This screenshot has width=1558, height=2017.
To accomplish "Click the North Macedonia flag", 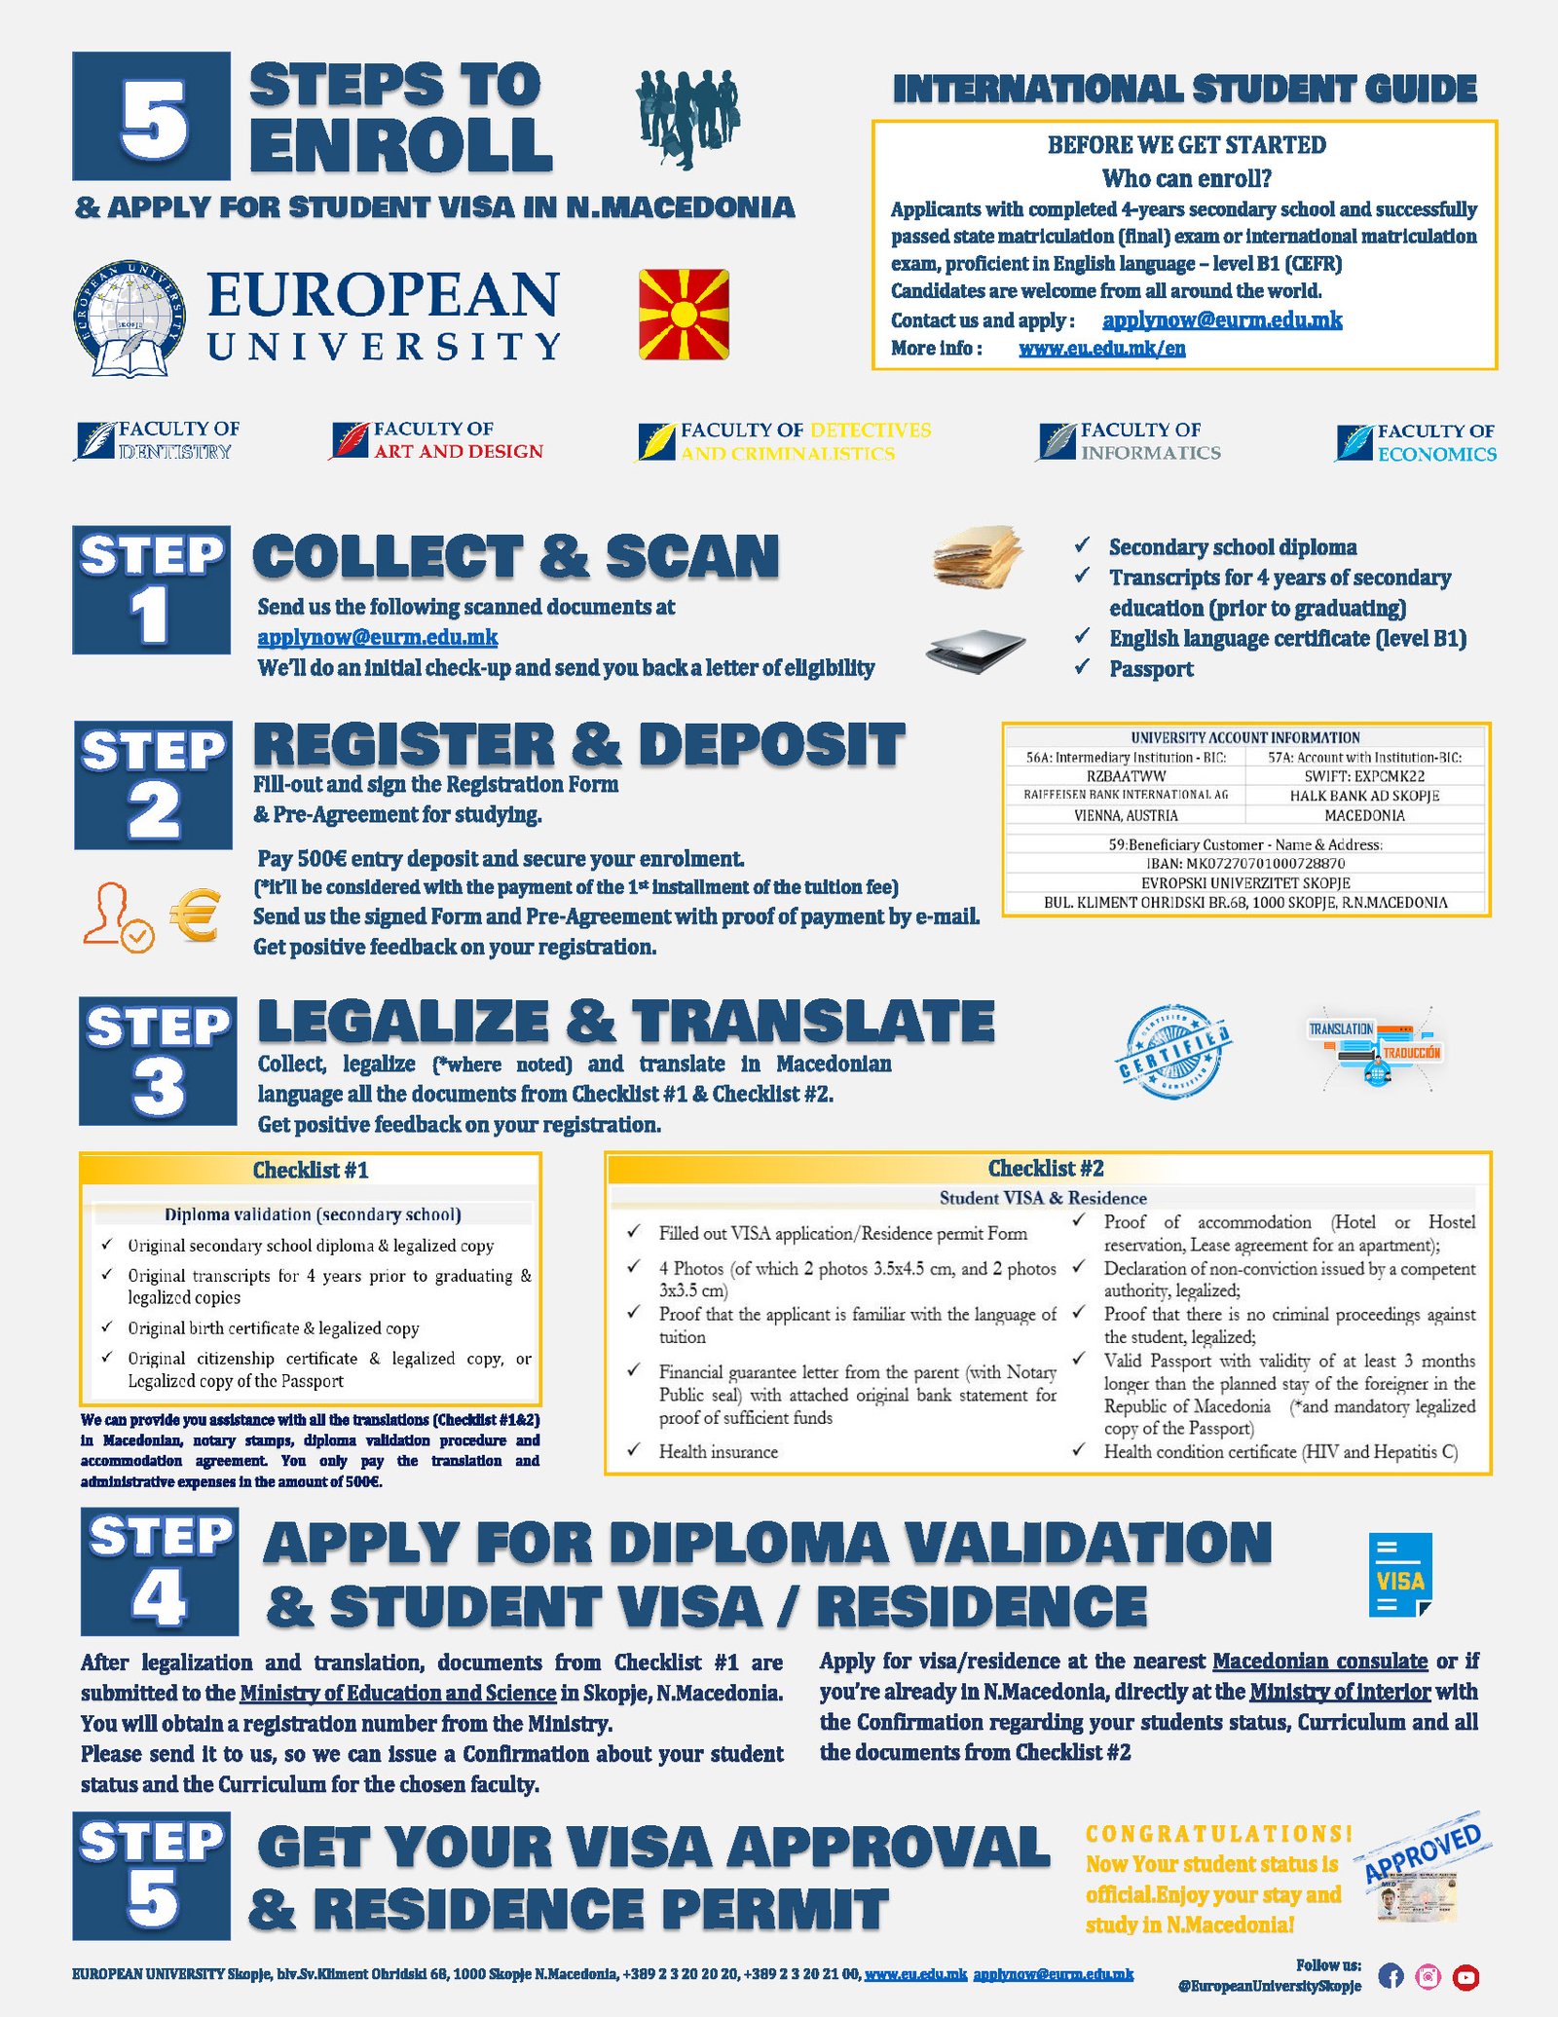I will click(x=684, y=315).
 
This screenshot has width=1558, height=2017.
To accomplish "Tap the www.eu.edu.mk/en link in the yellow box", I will click(x=1101, y=349).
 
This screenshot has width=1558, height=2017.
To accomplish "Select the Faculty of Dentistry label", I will click(x=158, y=440).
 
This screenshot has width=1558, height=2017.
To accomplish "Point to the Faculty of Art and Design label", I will click(x=438, y=440).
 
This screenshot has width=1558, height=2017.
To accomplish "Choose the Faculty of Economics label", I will click(x=1418, y=442).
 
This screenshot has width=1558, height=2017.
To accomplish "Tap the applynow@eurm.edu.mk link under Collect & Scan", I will click(x=378, y=638).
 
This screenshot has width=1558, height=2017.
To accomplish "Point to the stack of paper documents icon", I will click(x=977, y=557).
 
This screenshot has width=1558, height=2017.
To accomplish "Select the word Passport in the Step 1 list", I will click(x=1151, y=669).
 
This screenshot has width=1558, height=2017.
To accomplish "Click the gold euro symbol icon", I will click(x=195, y=916).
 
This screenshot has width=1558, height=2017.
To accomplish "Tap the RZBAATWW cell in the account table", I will click(x=1126, y=776).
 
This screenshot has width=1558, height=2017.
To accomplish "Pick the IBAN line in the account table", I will click(x=1245, y=863).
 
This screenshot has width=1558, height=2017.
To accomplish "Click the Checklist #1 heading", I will click(x=311, y=1170).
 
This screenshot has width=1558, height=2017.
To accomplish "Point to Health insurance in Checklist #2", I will click(x=719, y=1451).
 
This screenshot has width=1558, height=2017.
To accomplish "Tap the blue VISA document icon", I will click(x=1400, y=1575).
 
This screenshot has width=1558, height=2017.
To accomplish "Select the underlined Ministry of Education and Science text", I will click(x=398, y=1693).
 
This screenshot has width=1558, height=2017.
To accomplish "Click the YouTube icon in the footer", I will click(x=1465, y=1976).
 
